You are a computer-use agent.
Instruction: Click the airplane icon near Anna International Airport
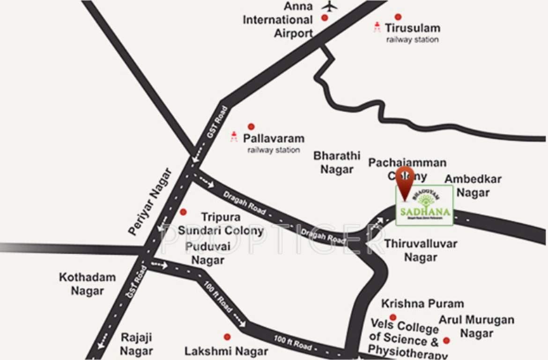[x=330, y=7]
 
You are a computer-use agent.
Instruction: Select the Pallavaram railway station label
[x=274, y=143]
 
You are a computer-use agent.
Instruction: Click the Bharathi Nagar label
[x=337, y=162]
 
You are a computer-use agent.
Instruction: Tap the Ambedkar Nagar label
[x=473, y=186]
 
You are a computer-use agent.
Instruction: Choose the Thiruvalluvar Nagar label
[x=421, y=250]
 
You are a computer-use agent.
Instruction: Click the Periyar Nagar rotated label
[x=149, y=202]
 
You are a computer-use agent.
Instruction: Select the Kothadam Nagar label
[x=87, y=284]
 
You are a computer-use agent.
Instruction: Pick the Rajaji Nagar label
[x=136, y=344]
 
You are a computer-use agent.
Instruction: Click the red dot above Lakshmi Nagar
[x=227, y=337]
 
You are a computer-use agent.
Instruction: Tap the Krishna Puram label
[x=422, y=304]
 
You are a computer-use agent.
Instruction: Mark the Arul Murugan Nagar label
[x=476, y=326]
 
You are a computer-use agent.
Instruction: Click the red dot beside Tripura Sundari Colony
[x=183, y=212]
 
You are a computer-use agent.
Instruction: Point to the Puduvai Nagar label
[x=208, y=253]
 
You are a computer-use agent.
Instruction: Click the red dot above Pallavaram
[x=251, y=127]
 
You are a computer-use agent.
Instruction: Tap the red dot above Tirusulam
[x=398, y=17]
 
